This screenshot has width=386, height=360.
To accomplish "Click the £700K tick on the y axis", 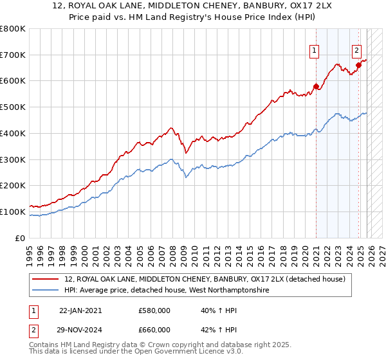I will pos(13,55).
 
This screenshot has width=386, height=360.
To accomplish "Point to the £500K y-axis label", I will pos(13,107).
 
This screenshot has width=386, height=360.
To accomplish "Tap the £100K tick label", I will pos(13,212).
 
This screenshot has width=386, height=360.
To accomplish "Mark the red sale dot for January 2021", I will pos(316,87).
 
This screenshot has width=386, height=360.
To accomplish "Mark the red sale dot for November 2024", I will pos(358,66).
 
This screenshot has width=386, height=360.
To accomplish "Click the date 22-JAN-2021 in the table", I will pos(80,310).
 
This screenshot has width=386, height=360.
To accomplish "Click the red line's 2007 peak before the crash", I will pos(170,128).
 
